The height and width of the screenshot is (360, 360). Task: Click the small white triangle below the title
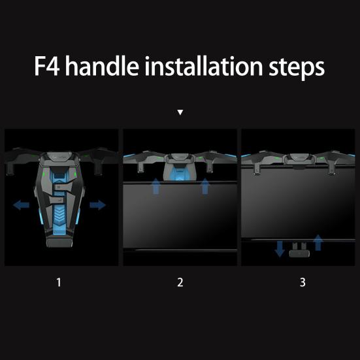[180, 112]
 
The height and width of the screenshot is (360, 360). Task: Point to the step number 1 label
[59, 282]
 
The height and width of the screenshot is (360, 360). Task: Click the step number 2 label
[180, 282]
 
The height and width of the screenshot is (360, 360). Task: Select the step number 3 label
[302, 282]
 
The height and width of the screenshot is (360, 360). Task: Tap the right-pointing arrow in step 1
[97, 205]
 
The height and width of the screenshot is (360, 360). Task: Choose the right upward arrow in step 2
[205, 187]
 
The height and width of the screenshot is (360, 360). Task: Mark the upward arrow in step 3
[318, 243]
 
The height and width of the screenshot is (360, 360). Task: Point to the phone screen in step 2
[180, 216]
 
